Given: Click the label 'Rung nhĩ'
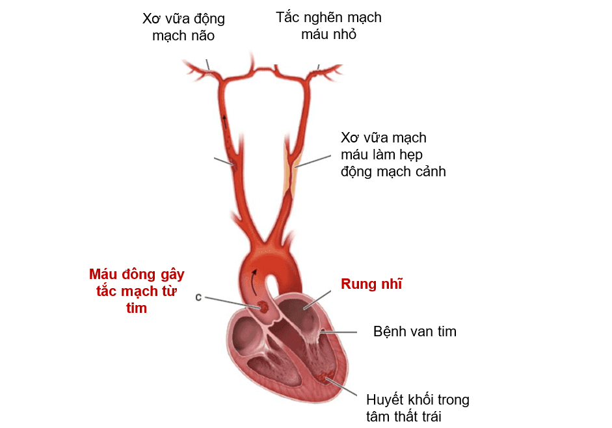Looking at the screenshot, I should pyautogui.click(x=371, y=284).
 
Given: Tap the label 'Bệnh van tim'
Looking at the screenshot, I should pyautogui.click(x=414, y=332).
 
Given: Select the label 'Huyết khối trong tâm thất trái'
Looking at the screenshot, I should pyautogui.click(x=417, y=408).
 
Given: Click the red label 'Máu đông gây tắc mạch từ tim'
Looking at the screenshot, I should pyautogui.click(x=136, y=291).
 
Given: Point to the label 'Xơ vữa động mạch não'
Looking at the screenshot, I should pyautogui.click(x=183, y=27).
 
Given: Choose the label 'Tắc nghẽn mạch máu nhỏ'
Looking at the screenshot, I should pyautogui.click(x=328, y=26).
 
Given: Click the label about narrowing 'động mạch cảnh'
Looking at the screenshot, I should pyautogui.click(x=393, y=155).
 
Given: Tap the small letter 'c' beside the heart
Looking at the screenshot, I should pyautogui.click(x=198, y=297).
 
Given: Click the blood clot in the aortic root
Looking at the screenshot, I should pyautogui.click(x=264, y=307).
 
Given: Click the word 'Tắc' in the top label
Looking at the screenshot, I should pyautogui.click(x=288, y=18).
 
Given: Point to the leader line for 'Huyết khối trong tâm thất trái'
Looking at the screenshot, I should pyautogui.click(x=345, y=386).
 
